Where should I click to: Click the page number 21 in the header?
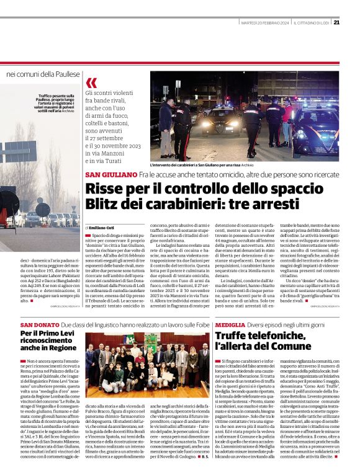tap(336, 23)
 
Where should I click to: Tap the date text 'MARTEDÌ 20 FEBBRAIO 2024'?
tap(265, 23)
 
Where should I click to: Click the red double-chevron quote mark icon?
tap(91, 83)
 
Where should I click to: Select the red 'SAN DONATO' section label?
tap(40, 324)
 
